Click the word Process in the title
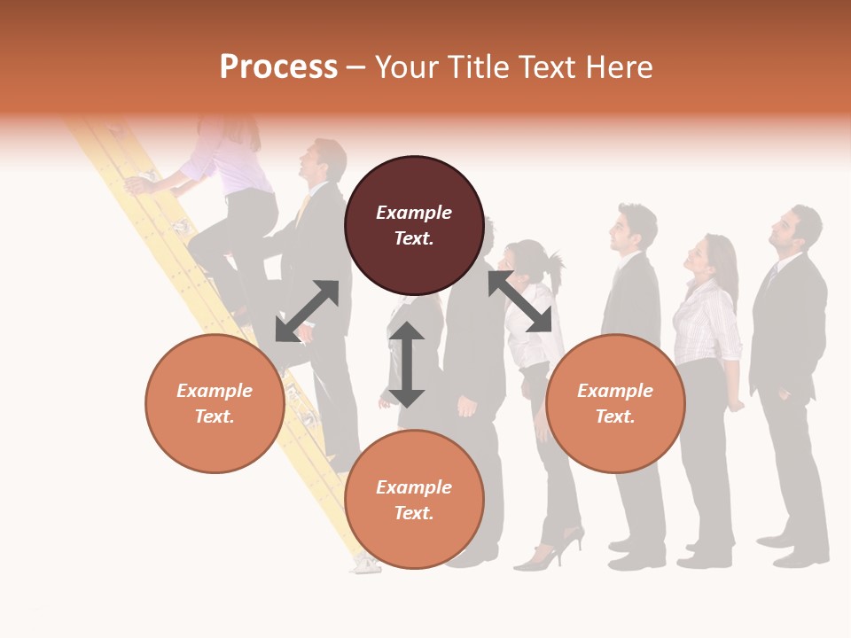click(x=278, y=67)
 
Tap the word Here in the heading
click(x=615, y=67)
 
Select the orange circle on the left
click(x=215, y=403)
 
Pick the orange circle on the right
click(x=615, y=403)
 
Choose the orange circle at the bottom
click(x=414, y=499)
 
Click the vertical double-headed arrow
click(x=407, y=364)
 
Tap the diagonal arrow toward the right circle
click(x=519, y=301)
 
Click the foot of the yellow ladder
click(x=363, y=564)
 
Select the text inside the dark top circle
click(x=414, y=225)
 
